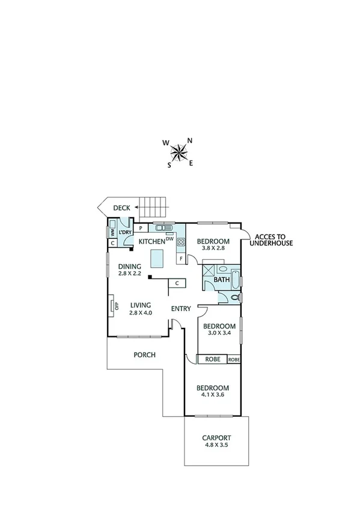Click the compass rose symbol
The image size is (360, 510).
pos(179,152)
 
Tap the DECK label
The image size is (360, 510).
pos(122,207)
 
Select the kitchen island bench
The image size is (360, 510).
pos(156,259)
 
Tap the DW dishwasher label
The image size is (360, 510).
pos(169,239)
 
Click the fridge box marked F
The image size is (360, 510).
pos(180,259)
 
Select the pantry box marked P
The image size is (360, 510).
pos(140,228)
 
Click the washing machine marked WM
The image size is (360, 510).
pos(112,232)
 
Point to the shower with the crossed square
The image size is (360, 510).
pos(209,269)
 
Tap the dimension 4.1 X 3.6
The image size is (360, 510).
pos(213,396)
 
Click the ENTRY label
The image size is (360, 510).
pos(180,309)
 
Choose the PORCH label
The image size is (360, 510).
pos(144,355)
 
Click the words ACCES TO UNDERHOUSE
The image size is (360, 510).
pos(273,240)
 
